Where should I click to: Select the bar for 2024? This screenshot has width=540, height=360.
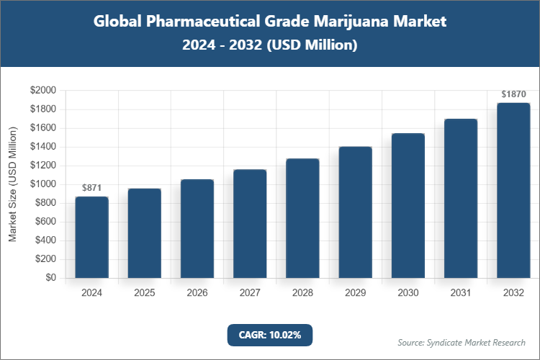tap(91, 238)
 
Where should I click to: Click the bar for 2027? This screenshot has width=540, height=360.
tap(250, 224)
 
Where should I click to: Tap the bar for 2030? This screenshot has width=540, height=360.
tap(408, 206)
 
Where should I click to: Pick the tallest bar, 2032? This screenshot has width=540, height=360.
tap(513, 191)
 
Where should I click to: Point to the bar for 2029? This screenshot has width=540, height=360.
tap(355, 212)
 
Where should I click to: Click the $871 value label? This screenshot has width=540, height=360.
tap(91, 188)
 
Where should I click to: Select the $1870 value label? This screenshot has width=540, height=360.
tap(513, 94)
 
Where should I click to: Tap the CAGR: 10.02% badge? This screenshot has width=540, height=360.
tap(270, 335)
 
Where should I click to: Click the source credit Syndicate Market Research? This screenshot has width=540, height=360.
tap(462, 342)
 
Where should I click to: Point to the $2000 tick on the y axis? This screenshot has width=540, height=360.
tap(42, 91)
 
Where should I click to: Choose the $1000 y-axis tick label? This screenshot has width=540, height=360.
tap(42, 184)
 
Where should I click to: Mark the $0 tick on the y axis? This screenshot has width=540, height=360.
tap(50, 278)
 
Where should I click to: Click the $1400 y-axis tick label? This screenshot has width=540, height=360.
tap(42, 147)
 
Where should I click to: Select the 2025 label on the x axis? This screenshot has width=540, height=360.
tap(144, 293)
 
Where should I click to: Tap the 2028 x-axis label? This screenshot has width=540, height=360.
tap(302, 293)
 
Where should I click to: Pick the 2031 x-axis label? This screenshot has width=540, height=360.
tap(460, 293)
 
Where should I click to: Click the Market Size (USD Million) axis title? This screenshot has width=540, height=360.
tap(13, 184)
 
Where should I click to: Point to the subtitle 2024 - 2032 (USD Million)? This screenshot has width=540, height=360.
tap(270, 45)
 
